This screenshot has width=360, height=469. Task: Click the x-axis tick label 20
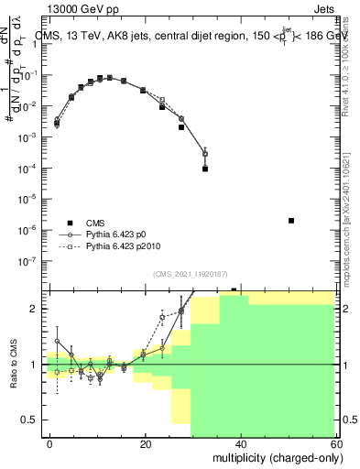tap(145, 442)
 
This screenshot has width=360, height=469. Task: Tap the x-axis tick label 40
tap(240, 442)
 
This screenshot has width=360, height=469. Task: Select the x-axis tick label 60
tap(334, 442)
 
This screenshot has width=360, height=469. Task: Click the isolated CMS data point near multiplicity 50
tap(290, 221)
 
